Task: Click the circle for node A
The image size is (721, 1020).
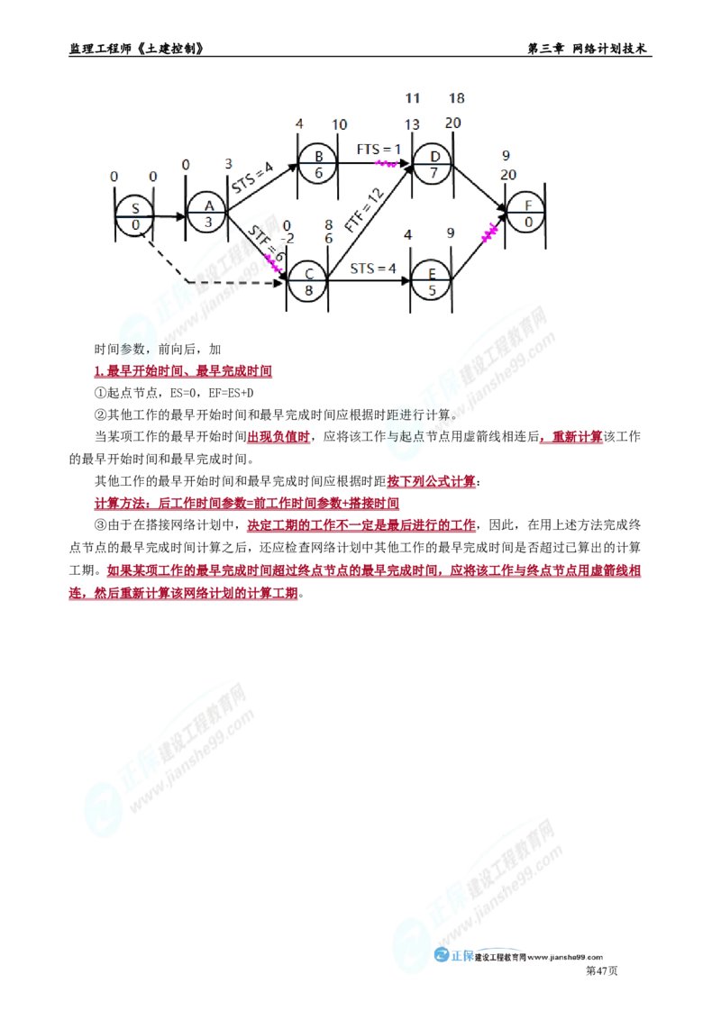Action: point(207,214)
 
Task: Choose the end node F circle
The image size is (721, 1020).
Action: point(525,213)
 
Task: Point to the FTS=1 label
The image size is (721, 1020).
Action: point(376,149)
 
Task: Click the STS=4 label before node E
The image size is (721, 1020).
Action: point(371,268)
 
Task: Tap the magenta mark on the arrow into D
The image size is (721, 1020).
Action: point(386,163)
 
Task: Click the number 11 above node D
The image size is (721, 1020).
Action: point(413,97)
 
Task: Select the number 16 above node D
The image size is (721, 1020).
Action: point(456,97)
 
